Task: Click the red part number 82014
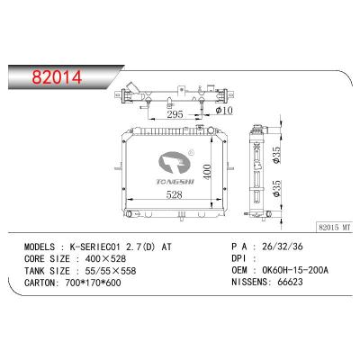pyautogui.click(x=57, y=77)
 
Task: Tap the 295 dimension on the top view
pyautogui.click(x=175, y=114)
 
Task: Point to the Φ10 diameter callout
pyautogui.click(x=224, y=111)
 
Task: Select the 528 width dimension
pyautogui.click(x=175, y=195)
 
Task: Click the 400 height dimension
pyautogui.click(x=207, y=172)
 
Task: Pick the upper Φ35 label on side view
pyautogui.click(x=276, y=155)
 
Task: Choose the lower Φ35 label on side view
pyautogui.click(x=276, y=188)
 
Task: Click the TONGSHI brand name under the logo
pyautogui.click(x=175, y=182)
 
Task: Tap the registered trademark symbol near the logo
pyautogui.click(x=191, y=152)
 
